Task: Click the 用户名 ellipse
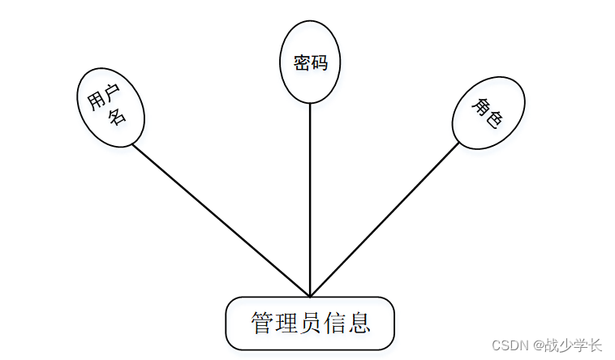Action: point(110,107)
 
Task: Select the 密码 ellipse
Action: point(310,63)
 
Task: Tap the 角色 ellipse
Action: point(488,113)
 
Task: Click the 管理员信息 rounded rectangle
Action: point(310,324)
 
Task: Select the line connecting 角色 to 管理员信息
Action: point(385,219)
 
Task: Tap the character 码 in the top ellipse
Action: point(319,62)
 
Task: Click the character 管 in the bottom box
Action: point(262,324)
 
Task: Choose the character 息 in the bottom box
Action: point(360,324)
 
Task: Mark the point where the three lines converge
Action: point(310,296)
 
